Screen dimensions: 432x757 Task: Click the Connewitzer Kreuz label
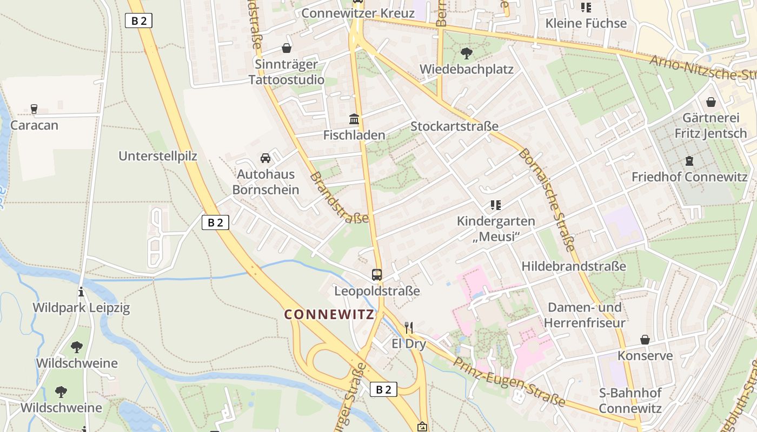[358, 13]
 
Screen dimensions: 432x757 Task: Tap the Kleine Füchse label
[586, 23]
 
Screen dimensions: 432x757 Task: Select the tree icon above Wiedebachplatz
[466, 53]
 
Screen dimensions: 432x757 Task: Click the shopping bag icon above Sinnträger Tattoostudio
[287, 48]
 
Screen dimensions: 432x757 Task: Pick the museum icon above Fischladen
[354, 119]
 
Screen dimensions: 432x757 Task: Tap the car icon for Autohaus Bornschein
[265, 158]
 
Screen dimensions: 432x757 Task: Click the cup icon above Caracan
[34, 109]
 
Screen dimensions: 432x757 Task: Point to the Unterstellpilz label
[158, 156]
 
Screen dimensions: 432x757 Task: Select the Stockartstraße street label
[454, 126]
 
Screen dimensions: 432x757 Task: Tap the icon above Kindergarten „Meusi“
[495, 205]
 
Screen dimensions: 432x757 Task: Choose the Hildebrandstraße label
[574, 266]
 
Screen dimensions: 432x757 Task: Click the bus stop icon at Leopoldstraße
[377, 274]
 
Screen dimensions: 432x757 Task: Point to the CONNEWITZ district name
[329, 314]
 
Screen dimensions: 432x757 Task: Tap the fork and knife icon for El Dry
[409, 327]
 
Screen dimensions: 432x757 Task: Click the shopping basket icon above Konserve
[645, 340]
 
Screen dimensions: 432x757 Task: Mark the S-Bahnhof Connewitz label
[630, 400]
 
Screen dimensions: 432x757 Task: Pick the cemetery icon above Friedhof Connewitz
[689, 161]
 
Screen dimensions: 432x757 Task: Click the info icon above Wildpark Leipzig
[82, 292]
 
